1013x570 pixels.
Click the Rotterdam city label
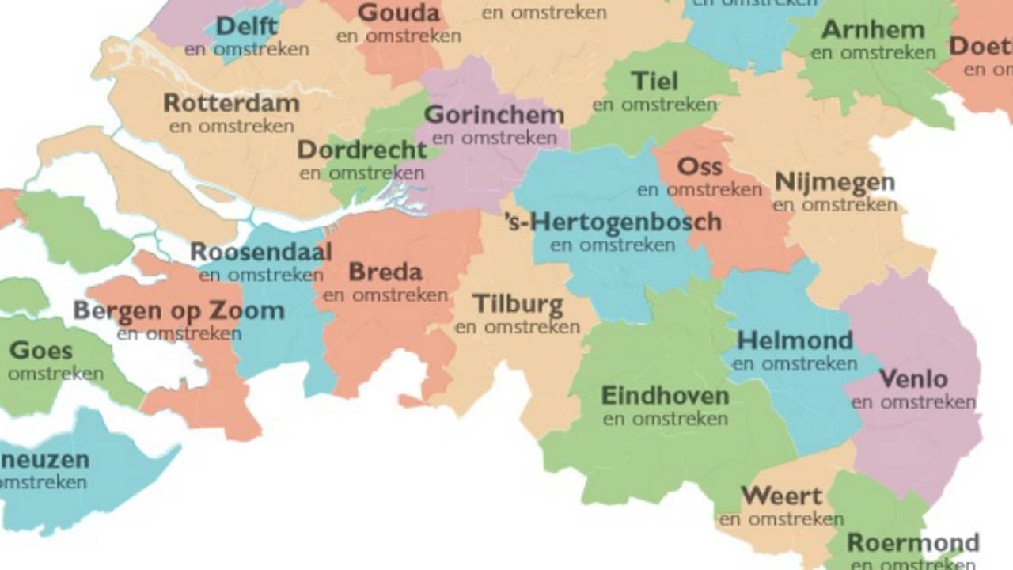point(231,104)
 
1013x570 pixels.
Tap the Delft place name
point(247,26)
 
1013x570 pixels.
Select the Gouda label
point(399,13)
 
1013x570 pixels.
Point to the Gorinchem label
point(494,115)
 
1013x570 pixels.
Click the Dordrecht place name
point(362,150)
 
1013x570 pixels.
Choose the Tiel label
point(654,82)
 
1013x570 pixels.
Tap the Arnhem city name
point(873,30)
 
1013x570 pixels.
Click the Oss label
point(700,166)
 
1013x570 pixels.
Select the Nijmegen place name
point(835,182)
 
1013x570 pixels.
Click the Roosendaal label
point(260,253)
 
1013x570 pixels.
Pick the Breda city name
point(385,272)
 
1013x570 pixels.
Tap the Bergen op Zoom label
point(179,311)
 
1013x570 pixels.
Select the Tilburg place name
point(518,304)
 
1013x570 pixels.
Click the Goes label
point(41,350)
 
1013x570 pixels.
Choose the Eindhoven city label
point(665,395)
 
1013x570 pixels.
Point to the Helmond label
point(795,341)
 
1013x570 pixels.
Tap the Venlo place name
point(913,379)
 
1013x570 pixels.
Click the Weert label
point(781,496)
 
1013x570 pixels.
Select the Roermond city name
point(912,543)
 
